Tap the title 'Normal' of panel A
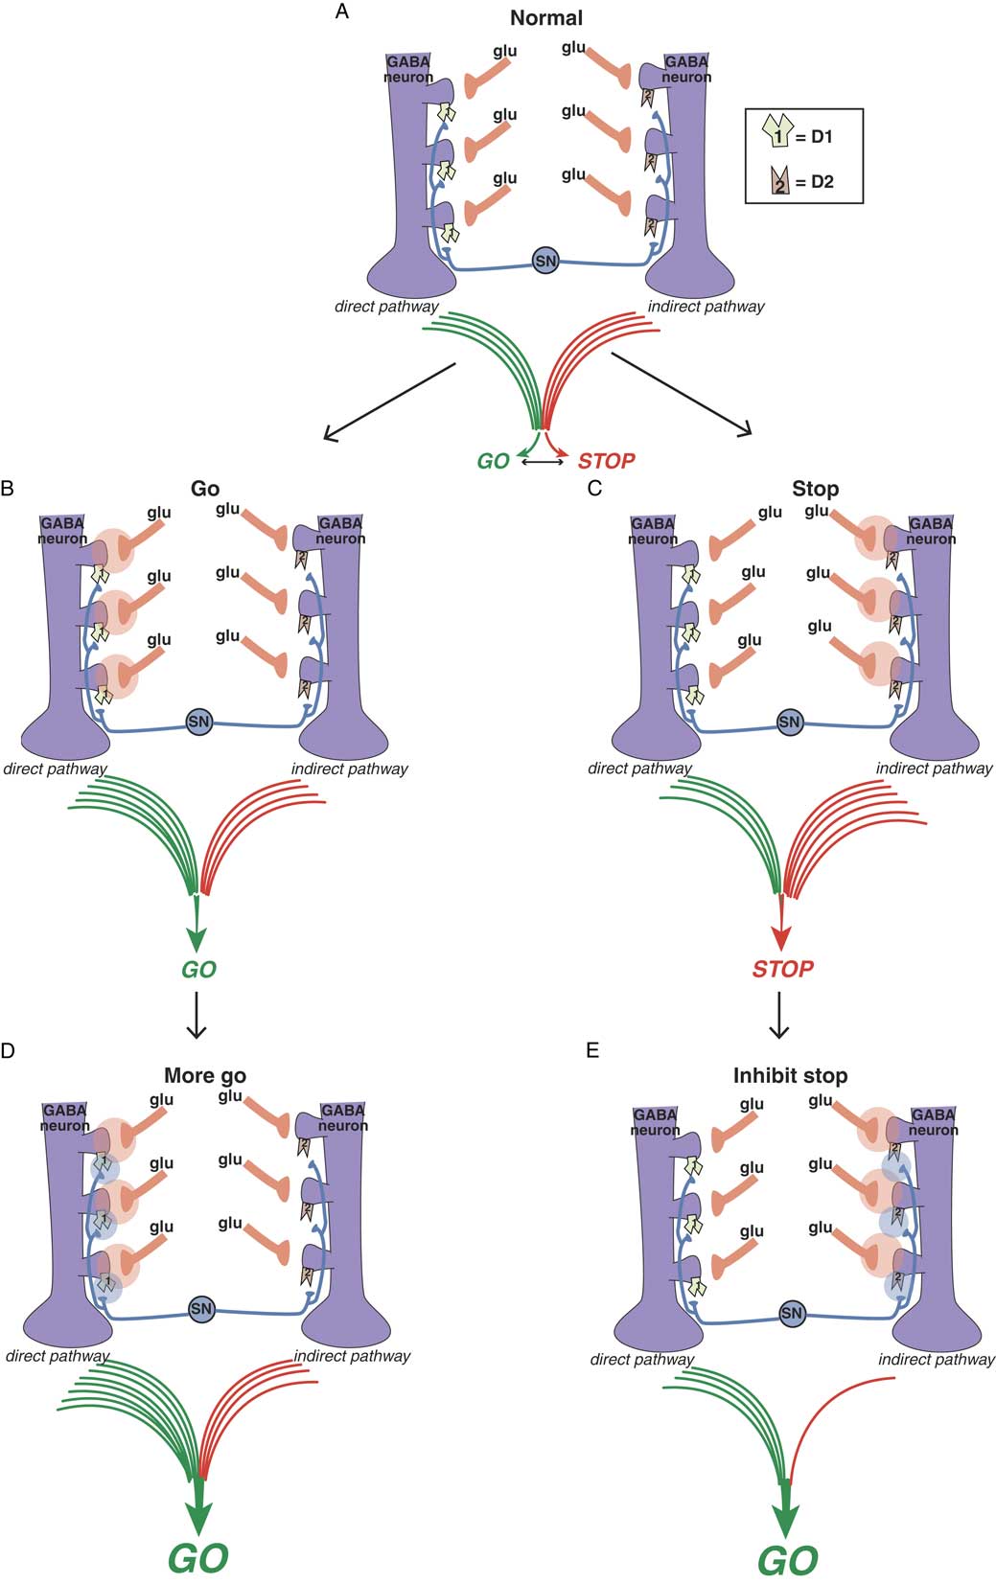tap(545, 18)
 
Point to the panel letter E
tap(592, 1051)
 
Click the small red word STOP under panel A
tap(606, 462)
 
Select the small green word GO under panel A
tap(493, 462)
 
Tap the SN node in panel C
tap(789, 722)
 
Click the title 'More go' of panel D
tap(205, 1075)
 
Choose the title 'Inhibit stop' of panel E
tap(790, 1075)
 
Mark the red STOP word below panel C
tap(782, 969)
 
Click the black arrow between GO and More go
tap(197, 1015)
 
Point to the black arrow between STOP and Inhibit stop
tap(779, 1015)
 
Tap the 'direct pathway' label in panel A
tap(386, 308)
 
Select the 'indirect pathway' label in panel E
tap(936, 1359)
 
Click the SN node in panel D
tap(201, 1309)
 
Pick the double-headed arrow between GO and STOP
tap(543, 462)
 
